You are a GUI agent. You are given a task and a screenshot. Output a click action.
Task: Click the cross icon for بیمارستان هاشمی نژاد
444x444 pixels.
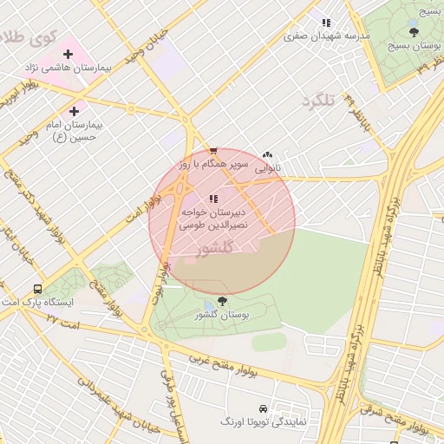[x=68, y=54]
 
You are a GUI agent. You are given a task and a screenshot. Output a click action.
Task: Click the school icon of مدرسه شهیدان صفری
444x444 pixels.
[x=326, y=23]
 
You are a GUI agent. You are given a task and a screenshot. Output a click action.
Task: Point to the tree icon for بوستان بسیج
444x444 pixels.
[x=413, y=32]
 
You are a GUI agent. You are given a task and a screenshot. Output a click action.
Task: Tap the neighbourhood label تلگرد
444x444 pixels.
[x=318, y=102]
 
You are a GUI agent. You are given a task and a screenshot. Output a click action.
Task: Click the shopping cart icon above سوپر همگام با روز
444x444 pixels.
[x=213, y=151]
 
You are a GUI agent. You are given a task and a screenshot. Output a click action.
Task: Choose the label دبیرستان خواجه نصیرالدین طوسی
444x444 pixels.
[x=213, y=218]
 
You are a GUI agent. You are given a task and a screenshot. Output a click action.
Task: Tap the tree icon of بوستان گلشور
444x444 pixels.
[x=223, y=301]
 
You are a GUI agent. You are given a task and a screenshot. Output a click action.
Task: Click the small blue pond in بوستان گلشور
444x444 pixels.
[x=211, y=307]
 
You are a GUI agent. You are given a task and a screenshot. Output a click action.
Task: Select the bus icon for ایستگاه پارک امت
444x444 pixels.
[x=37, y=289]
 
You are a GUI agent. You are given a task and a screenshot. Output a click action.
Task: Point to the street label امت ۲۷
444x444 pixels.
[x=62, y=320]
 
